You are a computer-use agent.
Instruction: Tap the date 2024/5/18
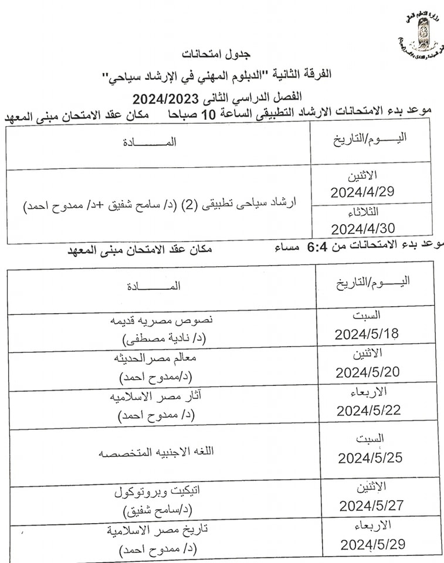pos(367,334)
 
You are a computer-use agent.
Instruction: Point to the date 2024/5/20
pos(368,372)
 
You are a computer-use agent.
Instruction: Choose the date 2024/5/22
pos(369,410)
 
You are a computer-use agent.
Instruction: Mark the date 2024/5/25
pos(370,457)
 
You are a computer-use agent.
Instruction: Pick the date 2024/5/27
pos(371,506)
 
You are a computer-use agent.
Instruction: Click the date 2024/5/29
pos(372,544)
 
